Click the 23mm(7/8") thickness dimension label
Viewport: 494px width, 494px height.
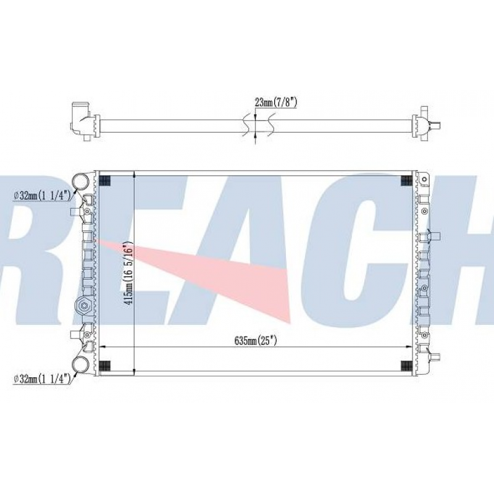point(276,103)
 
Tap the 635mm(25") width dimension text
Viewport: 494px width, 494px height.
point(256,341)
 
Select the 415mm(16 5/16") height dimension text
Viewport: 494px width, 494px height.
point(128,274)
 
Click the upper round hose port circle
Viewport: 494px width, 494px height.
point(81,182)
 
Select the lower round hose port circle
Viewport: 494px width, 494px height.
point(81,365)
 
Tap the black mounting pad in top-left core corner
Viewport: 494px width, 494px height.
point(104,180)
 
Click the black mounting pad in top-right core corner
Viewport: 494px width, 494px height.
point(406,180)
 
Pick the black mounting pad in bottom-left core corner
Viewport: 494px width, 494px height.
point(104,366)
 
